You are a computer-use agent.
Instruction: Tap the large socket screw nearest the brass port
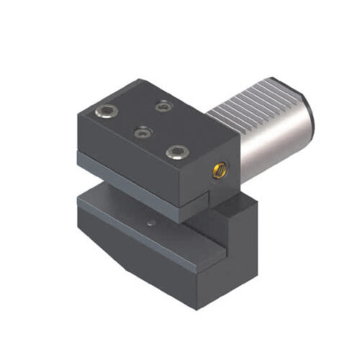tap(174, 152)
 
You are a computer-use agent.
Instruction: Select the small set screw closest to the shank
tap(166, 106)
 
